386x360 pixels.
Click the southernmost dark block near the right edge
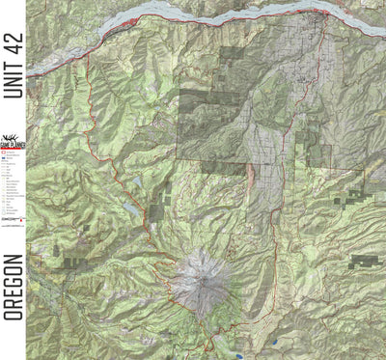pyautogui.click(x=363, y=260)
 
